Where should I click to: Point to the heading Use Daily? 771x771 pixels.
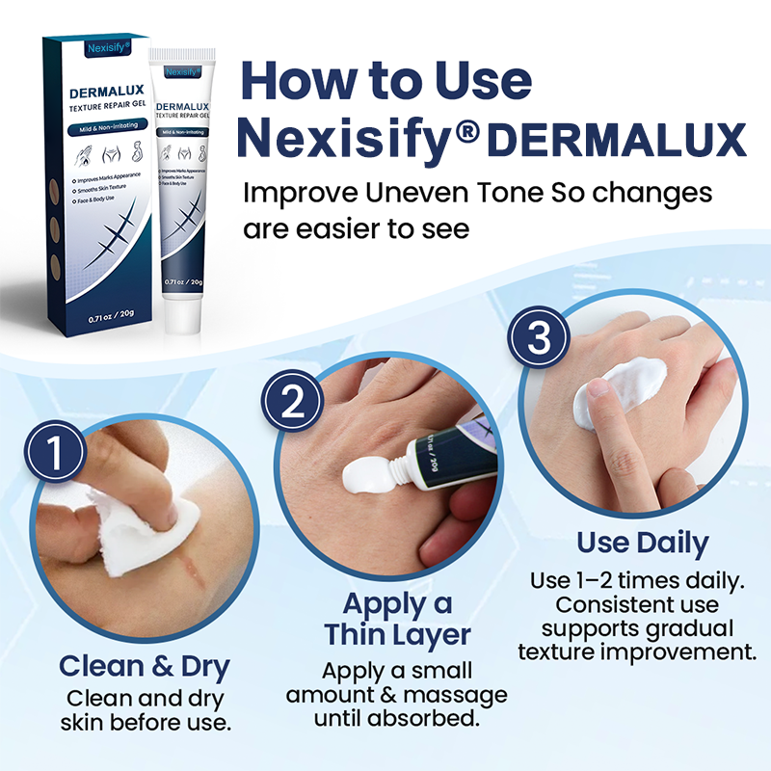(x=642, y=543)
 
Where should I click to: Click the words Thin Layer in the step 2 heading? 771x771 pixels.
(x=397, y=635)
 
